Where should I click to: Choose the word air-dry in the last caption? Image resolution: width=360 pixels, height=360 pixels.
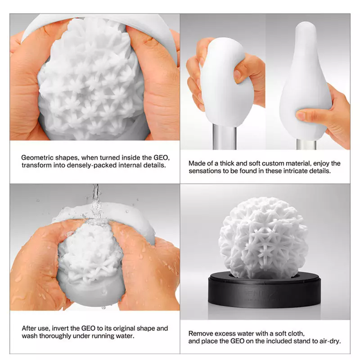[x=330, y=341]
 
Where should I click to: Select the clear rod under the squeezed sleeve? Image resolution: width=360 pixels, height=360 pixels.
[x=224, y=137]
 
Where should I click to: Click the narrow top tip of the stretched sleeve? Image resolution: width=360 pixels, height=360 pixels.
[x=306, y=25]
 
